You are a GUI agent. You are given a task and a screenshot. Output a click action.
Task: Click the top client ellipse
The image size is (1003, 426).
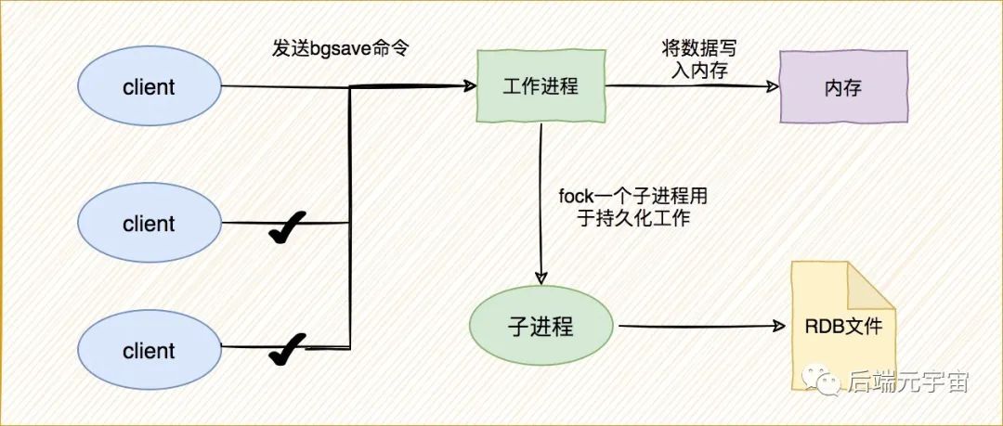pos(149,88)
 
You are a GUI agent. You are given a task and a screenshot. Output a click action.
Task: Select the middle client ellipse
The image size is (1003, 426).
pos(149,224)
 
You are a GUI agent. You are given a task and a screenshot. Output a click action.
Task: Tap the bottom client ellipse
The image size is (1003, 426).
pos(149,351)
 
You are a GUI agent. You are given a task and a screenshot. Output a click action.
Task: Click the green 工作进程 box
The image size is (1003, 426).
pos(541,87)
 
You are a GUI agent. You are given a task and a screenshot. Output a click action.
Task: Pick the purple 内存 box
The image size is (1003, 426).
pos(843,88)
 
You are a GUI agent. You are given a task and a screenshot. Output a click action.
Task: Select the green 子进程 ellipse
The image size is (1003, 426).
pos(541,327)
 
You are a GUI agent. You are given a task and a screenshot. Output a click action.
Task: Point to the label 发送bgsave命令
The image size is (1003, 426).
pos(341,48)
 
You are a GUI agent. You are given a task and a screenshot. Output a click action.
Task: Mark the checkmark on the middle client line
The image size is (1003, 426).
pos(287,226)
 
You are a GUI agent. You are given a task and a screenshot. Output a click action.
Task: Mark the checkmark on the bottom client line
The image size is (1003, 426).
pos(287,350)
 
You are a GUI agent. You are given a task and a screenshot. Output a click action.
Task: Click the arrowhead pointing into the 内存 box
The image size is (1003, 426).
pos(774,86)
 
